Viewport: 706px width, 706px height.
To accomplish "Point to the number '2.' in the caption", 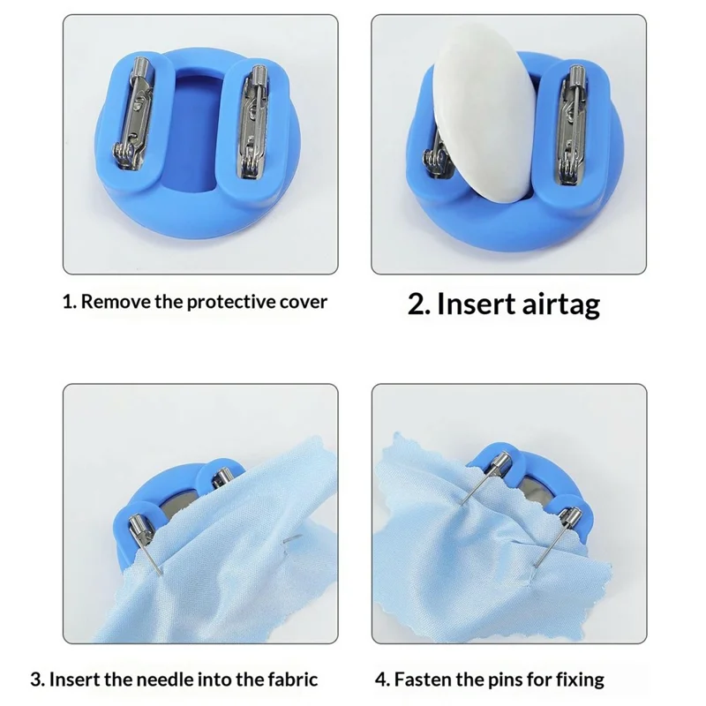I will [419, 304].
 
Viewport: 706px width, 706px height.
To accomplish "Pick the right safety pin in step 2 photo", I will [571, 124].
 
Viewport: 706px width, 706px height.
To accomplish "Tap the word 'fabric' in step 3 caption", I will [290, 680].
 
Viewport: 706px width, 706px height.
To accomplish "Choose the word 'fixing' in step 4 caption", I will [577, 680].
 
